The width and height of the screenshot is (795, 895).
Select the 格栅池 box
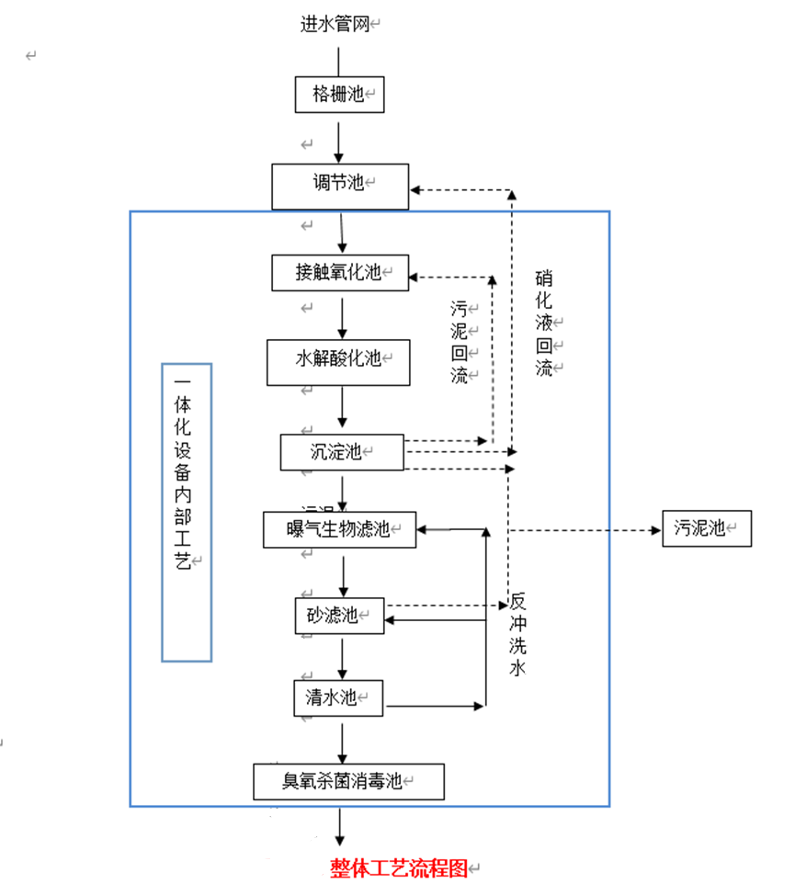tap(339, 95)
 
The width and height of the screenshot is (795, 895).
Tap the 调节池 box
tap(339, 186)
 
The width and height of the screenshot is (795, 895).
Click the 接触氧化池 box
tap(339, 273)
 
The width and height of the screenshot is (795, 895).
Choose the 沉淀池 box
tap(341, 452)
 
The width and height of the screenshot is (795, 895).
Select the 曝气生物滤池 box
tap(339, 529)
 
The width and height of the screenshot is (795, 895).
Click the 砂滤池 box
tap(339, 616)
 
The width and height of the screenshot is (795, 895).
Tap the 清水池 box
tap(337, 698)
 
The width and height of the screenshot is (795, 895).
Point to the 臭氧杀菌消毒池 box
tap(348, 782)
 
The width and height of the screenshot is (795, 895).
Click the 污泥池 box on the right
tap(706, 528)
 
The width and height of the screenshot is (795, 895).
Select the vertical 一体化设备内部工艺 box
tap(187, 512)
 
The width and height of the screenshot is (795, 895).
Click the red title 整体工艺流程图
tap(400, 868)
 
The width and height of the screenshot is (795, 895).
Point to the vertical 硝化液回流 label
tap(544, 323)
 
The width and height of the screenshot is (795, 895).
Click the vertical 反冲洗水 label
tap(517, 635)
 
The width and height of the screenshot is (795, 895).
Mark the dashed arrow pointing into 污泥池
tap(588, 530)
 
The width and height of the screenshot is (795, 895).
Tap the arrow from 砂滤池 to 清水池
tap(342, 657)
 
